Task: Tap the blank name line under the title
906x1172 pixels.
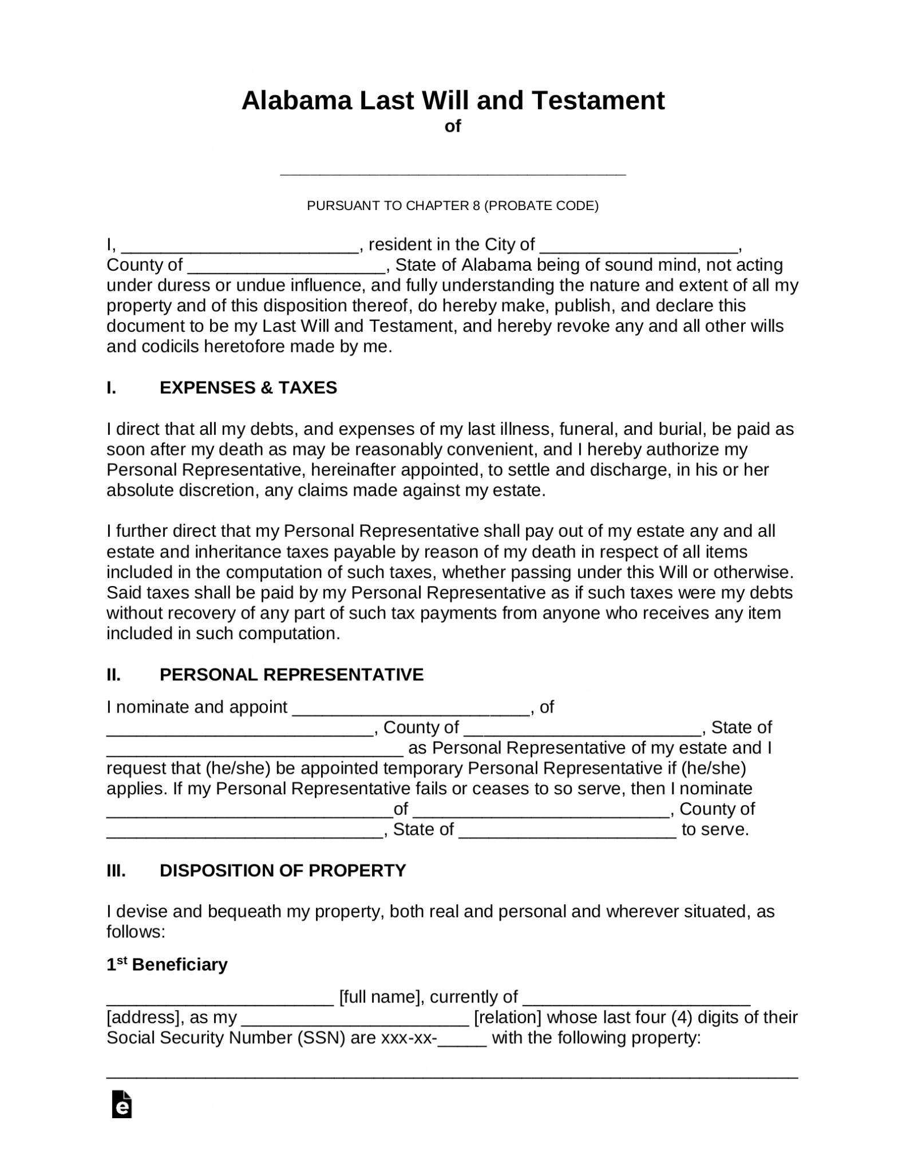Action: point(453,171)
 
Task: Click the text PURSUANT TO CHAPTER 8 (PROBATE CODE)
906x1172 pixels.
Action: point(453,205)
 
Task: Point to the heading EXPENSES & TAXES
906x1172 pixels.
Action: point(248,388)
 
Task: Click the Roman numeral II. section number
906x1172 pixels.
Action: point(114,675)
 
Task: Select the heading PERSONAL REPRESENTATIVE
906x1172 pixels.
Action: point(291,675)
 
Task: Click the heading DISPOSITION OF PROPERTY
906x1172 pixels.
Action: point(283,870)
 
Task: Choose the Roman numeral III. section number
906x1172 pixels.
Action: point(116,870)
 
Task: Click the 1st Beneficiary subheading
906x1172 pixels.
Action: point(167,965)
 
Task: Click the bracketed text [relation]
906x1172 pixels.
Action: point(508,1017)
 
